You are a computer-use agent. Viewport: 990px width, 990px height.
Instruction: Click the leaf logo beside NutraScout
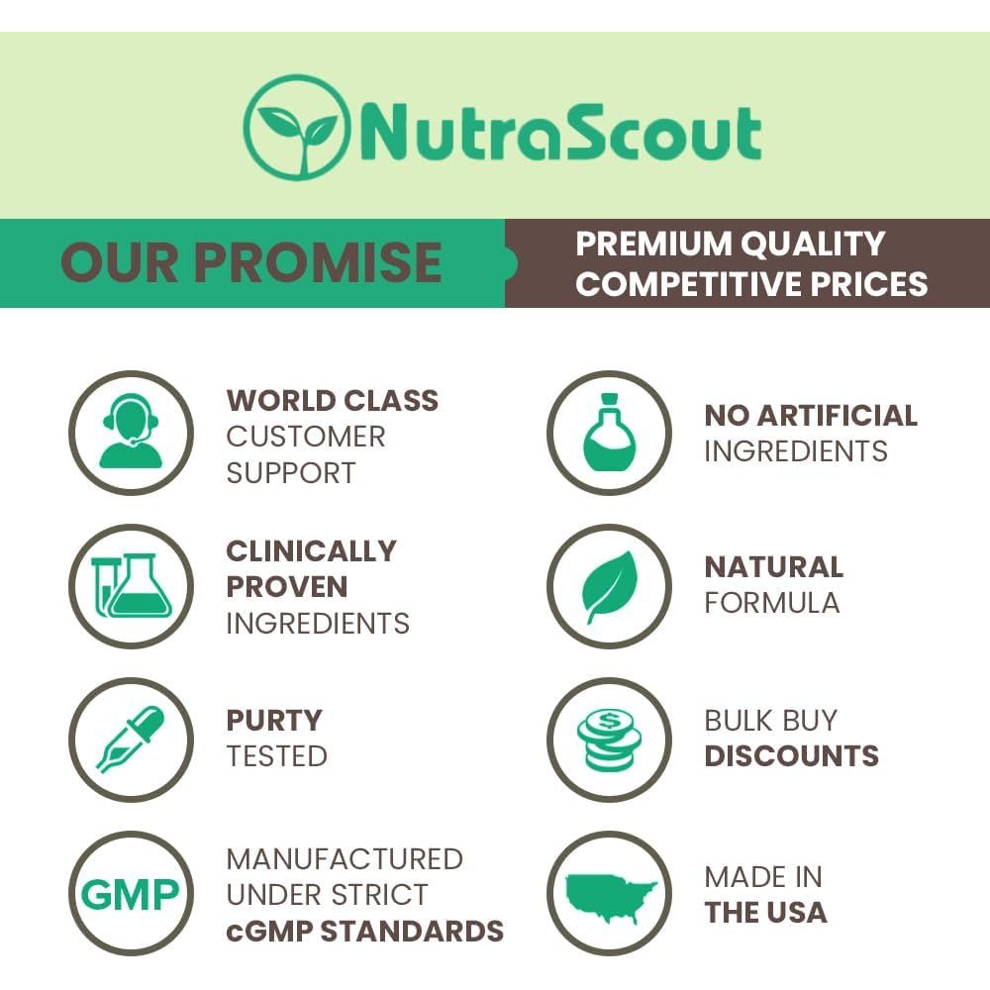[296, 128]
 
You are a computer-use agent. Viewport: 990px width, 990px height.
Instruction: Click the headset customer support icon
[130, 433]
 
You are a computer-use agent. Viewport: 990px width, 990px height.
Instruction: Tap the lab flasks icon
[130, 586]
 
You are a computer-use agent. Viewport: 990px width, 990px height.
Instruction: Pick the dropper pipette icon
[130, 739]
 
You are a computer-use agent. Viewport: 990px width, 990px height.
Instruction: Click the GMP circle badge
[130, 894]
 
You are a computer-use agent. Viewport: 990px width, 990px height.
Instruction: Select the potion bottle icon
[608, 433]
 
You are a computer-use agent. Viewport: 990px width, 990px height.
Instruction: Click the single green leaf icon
[608, 586]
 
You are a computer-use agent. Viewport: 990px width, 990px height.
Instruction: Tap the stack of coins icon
[608, 739]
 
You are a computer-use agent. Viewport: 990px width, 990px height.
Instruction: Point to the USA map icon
[608, 894]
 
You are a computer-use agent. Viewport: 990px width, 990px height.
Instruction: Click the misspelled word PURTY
[274, 720]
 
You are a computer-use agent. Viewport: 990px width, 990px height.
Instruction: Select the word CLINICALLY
[311, 550]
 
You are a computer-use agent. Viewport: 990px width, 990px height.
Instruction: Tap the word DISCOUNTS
[791, 756]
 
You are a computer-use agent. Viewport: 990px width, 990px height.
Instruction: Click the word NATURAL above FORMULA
[773, 567]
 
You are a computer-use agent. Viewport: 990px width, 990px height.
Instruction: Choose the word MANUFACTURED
[345, 858]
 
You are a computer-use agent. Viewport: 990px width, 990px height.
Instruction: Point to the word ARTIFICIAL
[840, 416]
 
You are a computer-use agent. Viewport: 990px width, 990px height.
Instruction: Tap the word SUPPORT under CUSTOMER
[290, 472]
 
